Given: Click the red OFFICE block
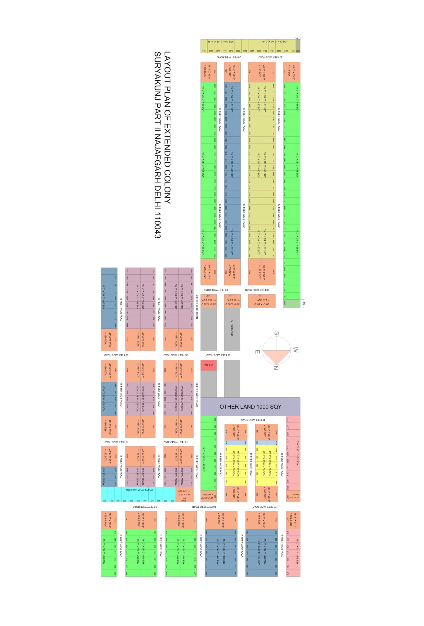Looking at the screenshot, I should click(208, 365).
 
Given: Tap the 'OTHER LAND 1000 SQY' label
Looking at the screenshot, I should click(250, 406).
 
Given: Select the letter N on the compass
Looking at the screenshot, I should click(276, 368).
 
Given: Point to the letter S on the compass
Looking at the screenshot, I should click(276, 333).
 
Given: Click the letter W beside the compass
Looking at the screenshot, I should click(295, 350).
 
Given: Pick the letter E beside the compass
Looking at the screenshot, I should click(257, 352).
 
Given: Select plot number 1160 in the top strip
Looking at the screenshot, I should click(298, 51).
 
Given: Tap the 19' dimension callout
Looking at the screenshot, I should click(304, 303).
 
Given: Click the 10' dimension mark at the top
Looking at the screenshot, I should click(297, 38).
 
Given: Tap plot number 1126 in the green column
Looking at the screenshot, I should click(284, 303).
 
